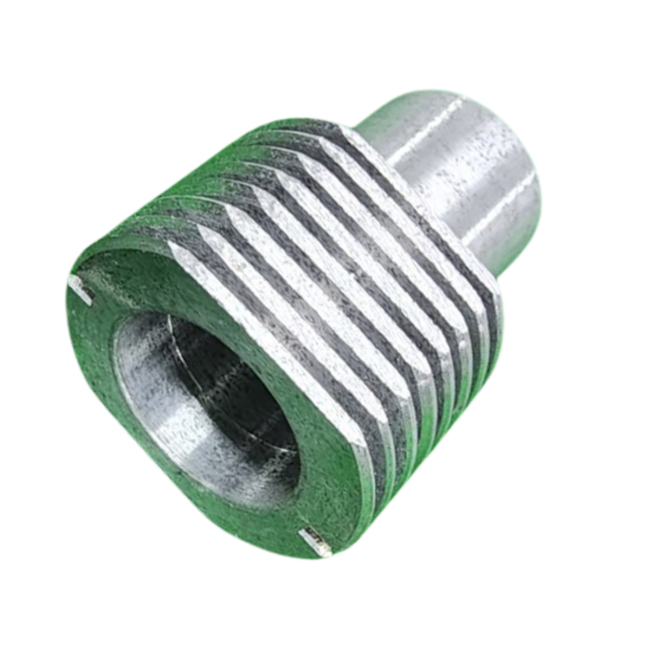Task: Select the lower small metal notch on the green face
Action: (312, 540)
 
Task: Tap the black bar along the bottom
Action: (323, 619)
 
